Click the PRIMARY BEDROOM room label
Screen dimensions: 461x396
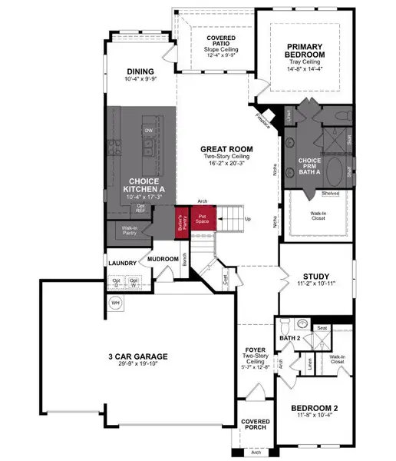tap(315, 50)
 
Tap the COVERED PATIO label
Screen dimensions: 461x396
tap(220, 41)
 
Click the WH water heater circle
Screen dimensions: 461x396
tap(116, 302)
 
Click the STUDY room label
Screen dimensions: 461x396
tap(315, 277)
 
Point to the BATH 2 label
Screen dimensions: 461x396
tap(289, 338)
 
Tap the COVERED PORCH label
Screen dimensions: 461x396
tap(256, 426)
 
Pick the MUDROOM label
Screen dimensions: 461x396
tap(163, 259)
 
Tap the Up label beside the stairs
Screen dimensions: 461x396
tap(246, 219)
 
